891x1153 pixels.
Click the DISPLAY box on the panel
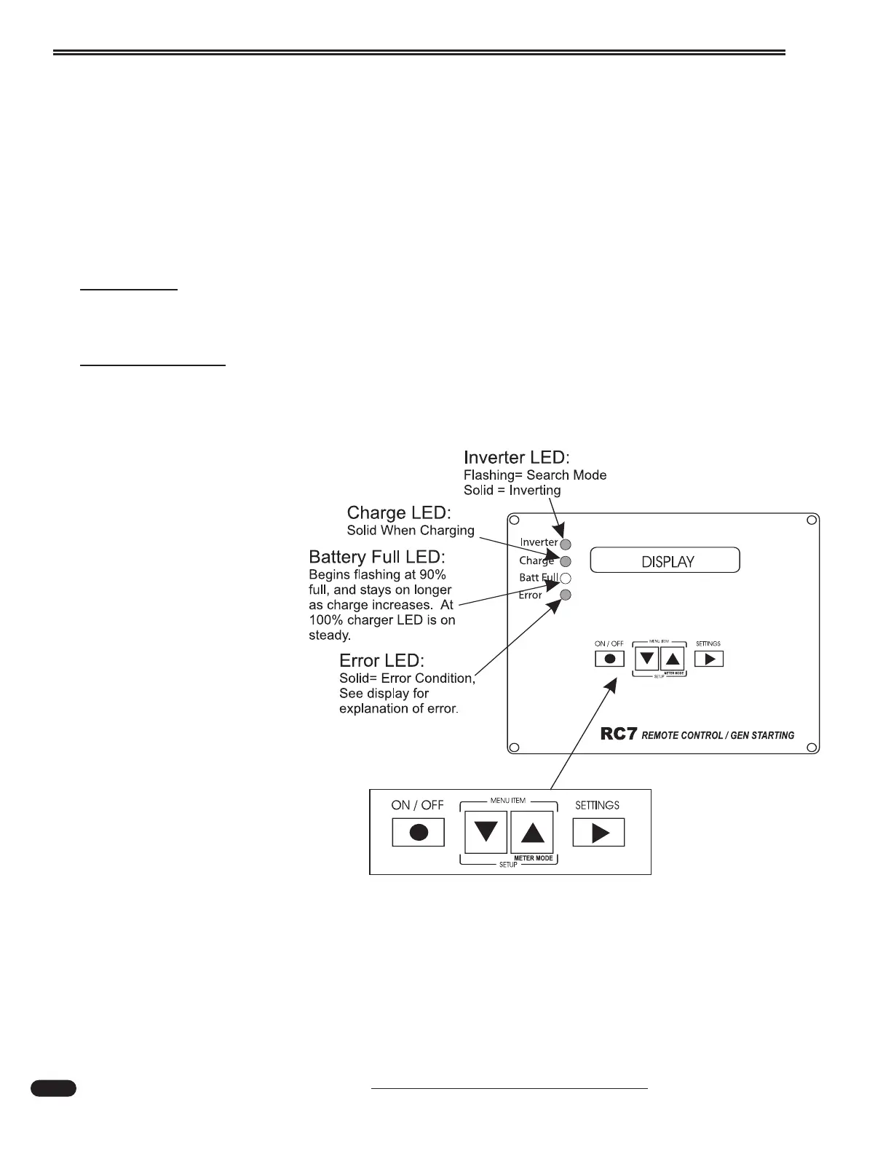(665, 560)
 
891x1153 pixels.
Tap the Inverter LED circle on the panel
(566, 544)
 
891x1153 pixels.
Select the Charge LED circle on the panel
(566, 561)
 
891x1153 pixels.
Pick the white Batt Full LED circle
(566, 579)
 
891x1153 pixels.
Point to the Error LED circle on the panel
(566, 595)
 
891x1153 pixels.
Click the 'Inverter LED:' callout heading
(516, 458)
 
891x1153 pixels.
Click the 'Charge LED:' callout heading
(399, 513)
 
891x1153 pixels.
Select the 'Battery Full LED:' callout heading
(377, 557)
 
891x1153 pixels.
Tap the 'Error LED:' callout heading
(381, 661)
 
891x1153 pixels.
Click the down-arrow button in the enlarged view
(486, 832)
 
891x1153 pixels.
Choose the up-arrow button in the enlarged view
(532, 832)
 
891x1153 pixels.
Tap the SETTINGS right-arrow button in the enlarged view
(598, 832)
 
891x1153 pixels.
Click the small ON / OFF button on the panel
(610, 659)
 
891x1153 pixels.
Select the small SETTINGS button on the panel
(709, 659)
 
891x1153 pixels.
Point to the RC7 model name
(619, 734)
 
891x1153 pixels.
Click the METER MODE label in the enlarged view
(534, 858)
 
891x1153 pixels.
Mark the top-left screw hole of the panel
(513, 520)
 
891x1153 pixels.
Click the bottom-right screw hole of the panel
(812, 747)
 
